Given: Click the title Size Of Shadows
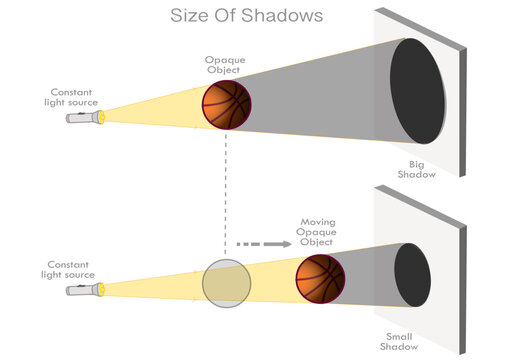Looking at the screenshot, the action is click(x=246, y=16).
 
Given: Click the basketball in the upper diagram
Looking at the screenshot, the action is click(x=225, y=104).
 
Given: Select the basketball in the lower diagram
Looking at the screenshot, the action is click(x=321, y=278).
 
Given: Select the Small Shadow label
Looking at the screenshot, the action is click(x=398, y=342).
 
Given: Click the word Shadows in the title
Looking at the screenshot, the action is click(x=286, y=16).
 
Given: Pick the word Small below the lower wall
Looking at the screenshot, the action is click(x=398, y=336).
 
